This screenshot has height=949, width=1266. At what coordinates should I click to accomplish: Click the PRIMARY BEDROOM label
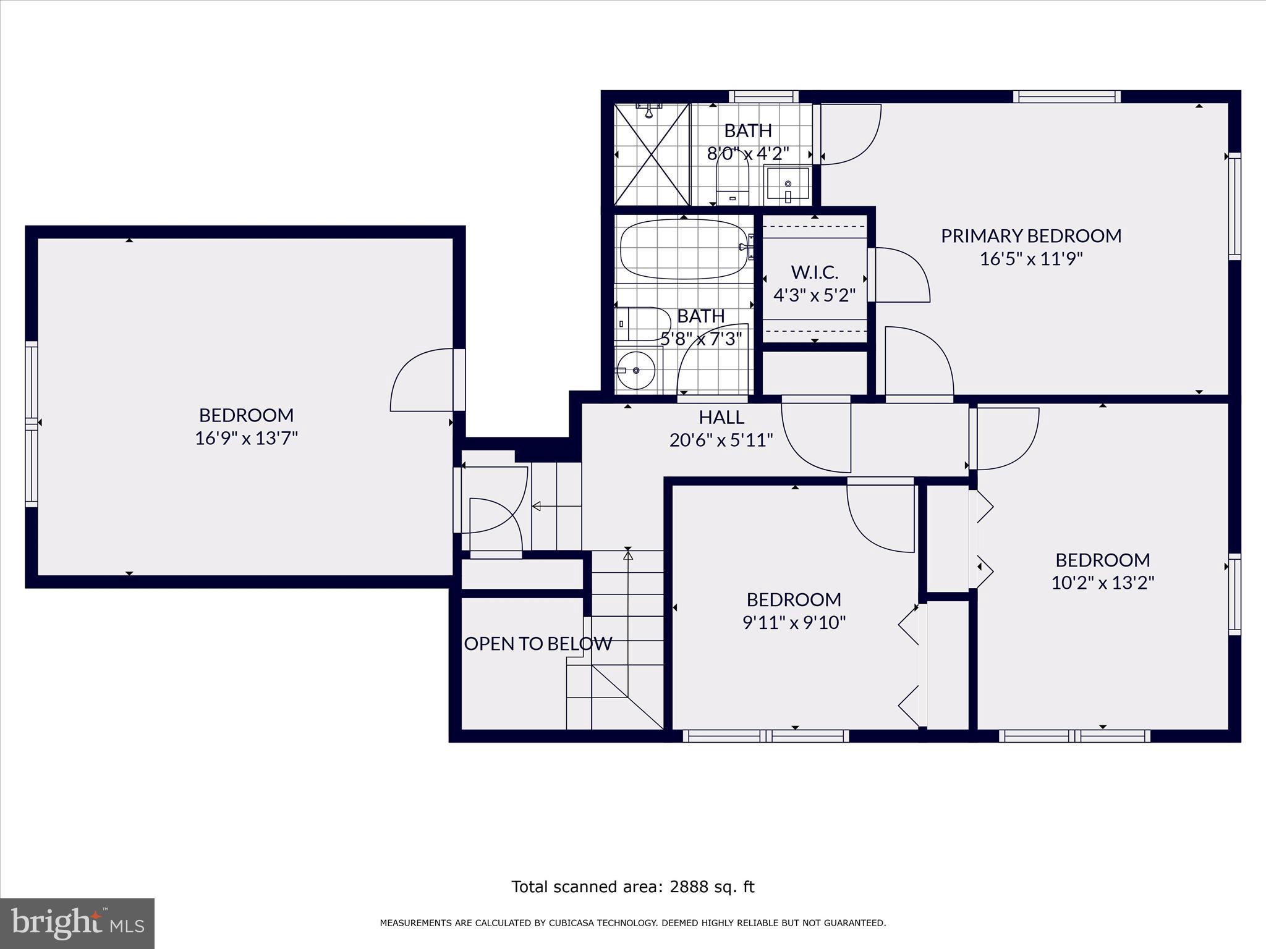pyautogui.click(x=1030, y=235)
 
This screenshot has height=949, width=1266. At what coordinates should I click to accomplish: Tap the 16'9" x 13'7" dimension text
pyautogui.click(x=246, y=438)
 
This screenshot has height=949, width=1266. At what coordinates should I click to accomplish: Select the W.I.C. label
pyautogui.click(x=814, y=272)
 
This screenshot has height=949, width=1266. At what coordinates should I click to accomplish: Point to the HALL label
pyautogui.click(x=721, y=417)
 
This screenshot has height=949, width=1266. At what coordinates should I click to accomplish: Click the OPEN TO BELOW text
pyautogui.click(x=538, y=644)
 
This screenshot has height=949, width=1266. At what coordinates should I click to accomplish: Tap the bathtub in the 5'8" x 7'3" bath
pyautogui.click(x=682, y=250)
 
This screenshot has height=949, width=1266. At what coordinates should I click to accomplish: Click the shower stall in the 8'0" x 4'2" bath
pyautogui.click(x=652, y=154)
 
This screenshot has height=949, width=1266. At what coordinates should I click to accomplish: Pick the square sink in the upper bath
pyautogui.click(x=787, y=183)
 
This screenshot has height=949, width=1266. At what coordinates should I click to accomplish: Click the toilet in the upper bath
pyautogui.click(x=733, y=179)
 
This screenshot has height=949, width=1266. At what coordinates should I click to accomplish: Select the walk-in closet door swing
pyautogui.click(x=901, y=275)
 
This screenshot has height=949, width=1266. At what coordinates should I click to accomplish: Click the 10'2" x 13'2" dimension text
pyautogui.click(x=1102, y=583)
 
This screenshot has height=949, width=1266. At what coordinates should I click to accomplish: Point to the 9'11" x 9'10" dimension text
pyautogui.click(x=794, y=622)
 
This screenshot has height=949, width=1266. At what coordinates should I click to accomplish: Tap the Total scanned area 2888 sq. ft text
pyautogui.click(x=632, y=887)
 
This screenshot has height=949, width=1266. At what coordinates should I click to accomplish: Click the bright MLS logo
pyautogui.click(x=77, y=924)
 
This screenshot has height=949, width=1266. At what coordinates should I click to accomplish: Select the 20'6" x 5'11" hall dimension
pyautogui.click(x=721, y=440)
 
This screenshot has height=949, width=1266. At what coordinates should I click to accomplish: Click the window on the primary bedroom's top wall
pyautogui.click(x=1066, y=96)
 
